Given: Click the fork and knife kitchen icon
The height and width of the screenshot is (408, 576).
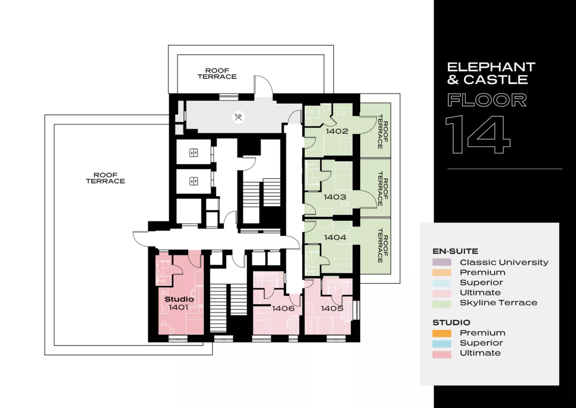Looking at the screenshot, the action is [238, 117].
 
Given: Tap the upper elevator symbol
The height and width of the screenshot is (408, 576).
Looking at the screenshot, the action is [194, 153].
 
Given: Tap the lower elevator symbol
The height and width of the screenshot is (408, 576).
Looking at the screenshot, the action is [194, 181].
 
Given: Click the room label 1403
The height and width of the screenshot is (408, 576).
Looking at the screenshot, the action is [335, 197].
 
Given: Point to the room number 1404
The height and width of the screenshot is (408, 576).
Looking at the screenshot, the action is [335, 237].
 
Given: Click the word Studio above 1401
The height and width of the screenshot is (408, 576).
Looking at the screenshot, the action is [179, 299].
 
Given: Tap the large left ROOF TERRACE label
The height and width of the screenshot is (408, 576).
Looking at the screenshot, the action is [105, 178].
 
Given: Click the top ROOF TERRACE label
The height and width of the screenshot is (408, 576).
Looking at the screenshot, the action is [217, 74].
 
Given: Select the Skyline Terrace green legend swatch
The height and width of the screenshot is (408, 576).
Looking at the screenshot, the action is [442, 304].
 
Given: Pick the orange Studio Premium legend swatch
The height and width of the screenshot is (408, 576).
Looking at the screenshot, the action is [442, 333].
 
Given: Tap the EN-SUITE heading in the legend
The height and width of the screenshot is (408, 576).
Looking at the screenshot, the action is [455, 251].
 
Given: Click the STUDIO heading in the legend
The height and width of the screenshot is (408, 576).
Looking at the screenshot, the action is [451, 323].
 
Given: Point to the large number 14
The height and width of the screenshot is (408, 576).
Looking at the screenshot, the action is [478, 134].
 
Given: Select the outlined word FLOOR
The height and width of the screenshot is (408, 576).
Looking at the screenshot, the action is [487, 100].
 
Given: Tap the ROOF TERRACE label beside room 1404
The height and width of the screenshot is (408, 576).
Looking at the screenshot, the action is [383, 245].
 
